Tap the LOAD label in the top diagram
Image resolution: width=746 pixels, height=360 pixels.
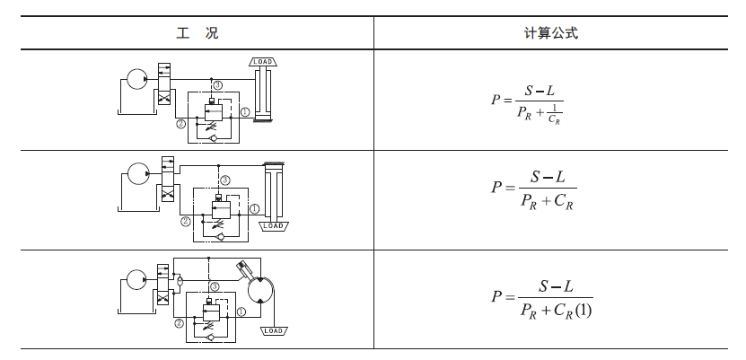[262, 62]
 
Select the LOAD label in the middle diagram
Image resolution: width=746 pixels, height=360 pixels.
[273, 226]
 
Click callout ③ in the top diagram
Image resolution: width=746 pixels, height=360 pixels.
[218, 84]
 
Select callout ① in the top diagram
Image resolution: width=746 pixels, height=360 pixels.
[245, 112]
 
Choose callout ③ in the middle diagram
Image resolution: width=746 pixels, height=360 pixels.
[225, 180]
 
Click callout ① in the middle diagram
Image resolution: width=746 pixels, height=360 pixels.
[254, 208]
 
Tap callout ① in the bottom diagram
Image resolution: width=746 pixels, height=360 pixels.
[241, 312]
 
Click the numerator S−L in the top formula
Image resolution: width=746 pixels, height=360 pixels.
[540, 90]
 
